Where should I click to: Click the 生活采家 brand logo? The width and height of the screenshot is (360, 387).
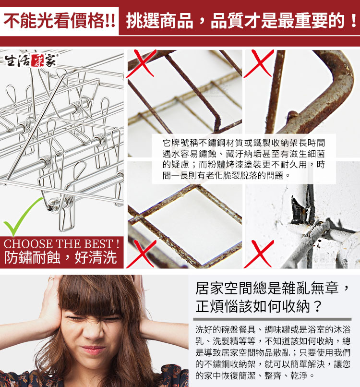pyautogui.click(x=31, y=60)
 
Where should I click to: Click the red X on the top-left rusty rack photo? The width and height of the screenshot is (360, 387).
pyautogui.click(x=142, y=63)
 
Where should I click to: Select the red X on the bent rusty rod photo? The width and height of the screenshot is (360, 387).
pyautogui.click(x=259, y=63)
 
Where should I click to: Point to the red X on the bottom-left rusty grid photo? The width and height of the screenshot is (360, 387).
pyautogui.click(x=142, y=254)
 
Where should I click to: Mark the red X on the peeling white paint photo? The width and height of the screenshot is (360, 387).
pyautogui.click(x=259, y=254)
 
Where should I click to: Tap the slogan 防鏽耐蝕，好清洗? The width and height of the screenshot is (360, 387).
pyautogui.click(x=60, y=257)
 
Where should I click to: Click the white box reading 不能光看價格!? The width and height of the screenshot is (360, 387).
pyautogui.click(x=59, y=21)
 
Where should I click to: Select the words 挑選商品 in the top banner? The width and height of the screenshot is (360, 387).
pyautogui.click(x=159, y=21)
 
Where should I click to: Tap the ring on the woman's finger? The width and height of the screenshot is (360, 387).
pyautogui.click(x=51, y=278)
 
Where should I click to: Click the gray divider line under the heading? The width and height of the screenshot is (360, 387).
pyautogui.click(x=273, y=319)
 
